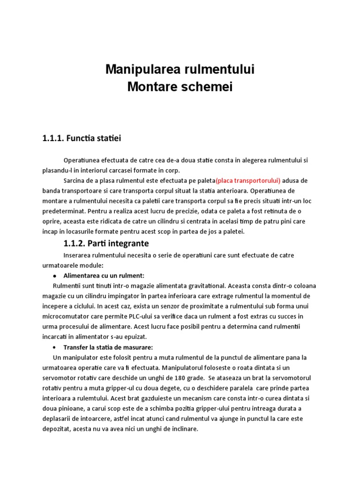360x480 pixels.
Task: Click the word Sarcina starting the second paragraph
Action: tap(75, 180)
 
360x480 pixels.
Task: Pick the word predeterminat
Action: tap(64, 211)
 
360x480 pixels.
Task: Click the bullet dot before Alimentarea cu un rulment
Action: tap(55, 276)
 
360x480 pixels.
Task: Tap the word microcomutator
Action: tap(67, 316)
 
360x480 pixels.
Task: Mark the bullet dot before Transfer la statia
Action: tap(55, 347)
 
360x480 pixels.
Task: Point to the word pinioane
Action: tap(70, 409)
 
